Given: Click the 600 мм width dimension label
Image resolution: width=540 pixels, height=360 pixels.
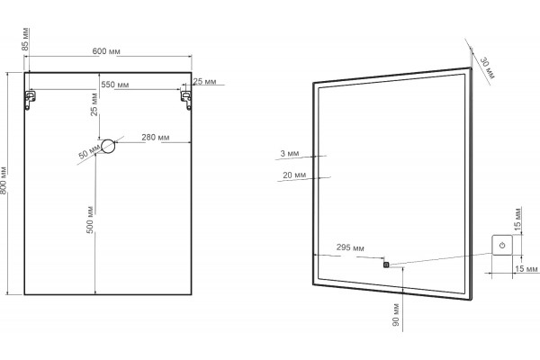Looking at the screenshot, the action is [x=106, y=51].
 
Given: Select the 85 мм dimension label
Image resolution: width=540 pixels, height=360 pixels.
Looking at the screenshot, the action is [x=25, y=40].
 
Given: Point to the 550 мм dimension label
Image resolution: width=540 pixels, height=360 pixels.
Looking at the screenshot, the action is [x=115, y=85].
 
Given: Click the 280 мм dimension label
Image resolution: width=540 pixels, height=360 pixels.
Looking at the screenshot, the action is [x=156, y=138].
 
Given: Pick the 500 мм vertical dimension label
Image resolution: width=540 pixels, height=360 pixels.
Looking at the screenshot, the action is [x=90, y=220].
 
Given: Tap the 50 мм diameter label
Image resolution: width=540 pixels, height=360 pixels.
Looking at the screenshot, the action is [x=89, y=152].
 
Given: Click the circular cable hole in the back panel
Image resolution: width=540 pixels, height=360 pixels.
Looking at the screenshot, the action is [x=108, y=146].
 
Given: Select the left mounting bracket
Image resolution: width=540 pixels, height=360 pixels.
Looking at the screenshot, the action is [x=31, y=100].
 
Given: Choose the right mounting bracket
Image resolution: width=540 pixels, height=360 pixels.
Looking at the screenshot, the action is [x=186, y=100].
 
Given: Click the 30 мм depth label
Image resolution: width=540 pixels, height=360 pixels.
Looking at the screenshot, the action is [x=487, y=67].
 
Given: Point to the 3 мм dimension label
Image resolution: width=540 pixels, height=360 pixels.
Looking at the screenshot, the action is [x=289, y=153].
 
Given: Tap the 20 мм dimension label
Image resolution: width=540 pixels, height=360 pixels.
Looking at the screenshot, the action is [x=294, y=175].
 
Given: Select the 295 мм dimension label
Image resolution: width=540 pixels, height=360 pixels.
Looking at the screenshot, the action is [x=350, y=247].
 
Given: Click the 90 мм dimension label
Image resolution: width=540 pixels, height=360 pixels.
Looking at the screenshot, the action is [x=396, y=315].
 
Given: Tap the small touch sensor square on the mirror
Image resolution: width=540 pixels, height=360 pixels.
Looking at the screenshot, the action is [x=386, y=265].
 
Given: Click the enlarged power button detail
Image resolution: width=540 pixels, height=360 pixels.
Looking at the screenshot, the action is [x=502, y=245].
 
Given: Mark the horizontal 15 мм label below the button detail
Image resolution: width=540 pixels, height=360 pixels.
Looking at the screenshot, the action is [x=526, y=268].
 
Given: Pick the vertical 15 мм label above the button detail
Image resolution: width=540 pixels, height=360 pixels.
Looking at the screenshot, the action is [x=517, y=219].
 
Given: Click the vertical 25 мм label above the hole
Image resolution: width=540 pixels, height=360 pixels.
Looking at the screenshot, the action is [x=94, y=104].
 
